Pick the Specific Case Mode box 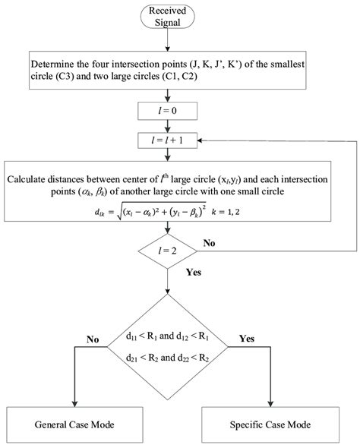pos(270,424)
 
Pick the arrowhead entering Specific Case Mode pos(270,402)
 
